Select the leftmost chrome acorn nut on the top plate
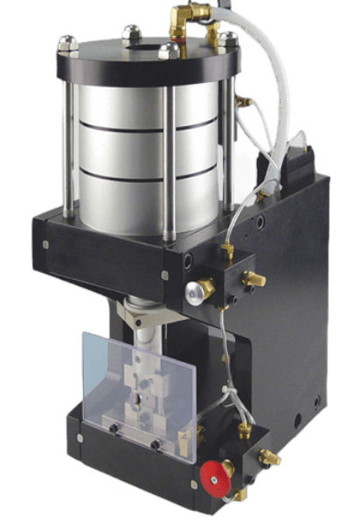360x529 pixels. click(x=67, y=42)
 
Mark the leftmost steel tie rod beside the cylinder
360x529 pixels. click(x=66, y=131)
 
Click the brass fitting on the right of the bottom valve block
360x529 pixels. click(x=270, y=457)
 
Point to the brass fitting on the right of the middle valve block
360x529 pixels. click(x=255, y=279)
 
